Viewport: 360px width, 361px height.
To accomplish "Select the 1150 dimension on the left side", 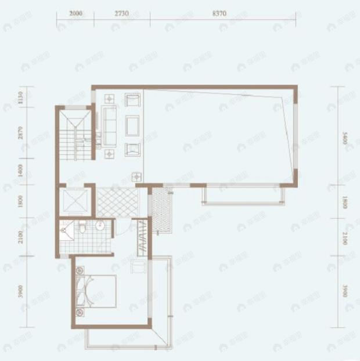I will pyautogui.click(x=20, y=96).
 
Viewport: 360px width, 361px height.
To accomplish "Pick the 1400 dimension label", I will pyautogui.click(x=20, y=171).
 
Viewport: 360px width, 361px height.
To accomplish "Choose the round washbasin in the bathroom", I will pyautogui.click(x=100, y=226).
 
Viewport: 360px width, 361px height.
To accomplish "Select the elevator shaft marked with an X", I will pyautogui.click(x=74, y=201).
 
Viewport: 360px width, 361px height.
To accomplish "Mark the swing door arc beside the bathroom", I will pyautogui.click(x=121, y=228).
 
